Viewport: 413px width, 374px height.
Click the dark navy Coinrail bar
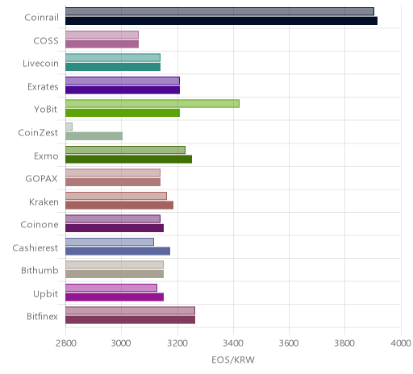click(221, 21)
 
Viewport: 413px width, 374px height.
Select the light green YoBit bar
click(152, 104)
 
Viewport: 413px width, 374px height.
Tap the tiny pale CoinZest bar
click(69, 127)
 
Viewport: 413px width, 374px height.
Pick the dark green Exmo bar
click(128, 159)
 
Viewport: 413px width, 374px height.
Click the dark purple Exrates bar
click(123, 90)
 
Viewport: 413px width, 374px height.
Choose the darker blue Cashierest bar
click(118, 251)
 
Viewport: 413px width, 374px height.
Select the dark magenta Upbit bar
click(115, 297)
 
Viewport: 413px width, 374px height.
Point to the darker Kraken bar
click(119, 206)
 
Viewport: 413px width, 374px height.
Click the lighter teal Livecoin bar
click(113, 57)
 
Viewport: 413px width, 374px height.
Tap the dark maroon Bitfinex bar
click(130, 320)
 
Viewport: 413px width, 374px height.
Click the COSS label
click(46, 41)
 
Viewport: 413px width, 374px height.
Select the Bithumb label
click(40, 270)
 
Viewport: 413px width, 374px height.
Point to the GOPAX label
click(41, 179)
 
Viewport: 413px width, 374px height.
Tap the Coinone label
click(40, 225)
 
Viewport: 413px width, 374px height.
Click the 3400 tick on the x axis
click(233, 343)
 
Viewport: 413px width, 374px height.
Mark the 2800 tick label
click(66, 343)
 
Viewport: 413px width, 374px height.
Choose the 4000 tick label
click(401, 343)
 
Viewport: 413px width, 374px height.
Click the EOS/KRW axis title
click(233, 360)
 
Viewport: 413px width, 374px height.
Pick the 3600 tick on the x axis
click(289, 343)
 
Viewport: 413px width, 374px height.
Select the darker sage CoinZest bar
click(94, 136)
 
